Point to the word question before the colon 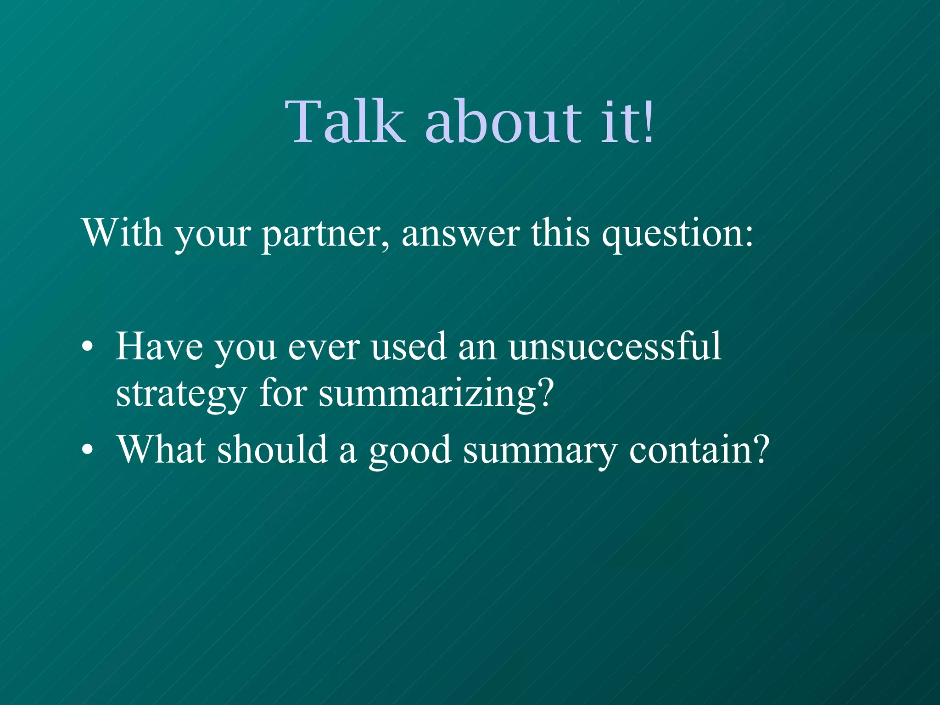[672, 234]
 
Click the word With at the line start [122, 233]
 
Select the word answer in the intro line [461, 234]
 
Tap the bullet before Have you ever [87, 348]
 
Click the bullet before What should [87, 451]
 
